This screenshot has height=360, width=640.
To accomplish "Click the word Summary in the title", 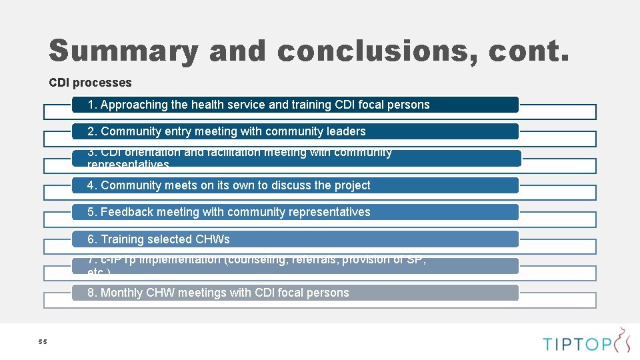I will click(x=123, y=51).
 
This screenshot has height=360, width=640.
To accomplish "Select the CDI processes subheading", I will click(x=90, y=83).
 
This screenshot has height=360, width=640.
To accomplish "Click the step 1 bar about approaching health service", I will click(x=295, y=105).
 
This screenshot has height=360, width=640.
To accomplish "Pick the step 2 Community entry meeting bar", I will click(x=295, y=131).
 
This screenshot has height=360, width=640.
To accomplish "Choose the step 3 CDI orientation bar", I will click(x=295, y=158).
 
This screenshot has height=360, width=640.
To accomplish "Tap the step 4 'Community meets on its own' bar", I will click(x=295, y=185).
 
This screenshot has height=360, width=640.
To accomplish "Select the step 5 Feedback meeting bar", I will click(x=295, y=212).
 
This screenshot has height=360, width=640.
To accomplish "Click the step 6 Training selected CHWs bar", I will click(x=295, y=239).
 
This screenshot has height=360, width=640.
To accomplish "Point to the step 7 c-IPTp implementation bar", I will click(x=295, y=265).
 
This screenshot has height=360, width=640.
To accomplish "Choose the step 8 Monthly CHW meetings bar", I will click(x=295, y=293).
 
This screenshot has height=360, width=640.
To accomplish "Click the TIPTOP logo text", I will click(x=577, y=344).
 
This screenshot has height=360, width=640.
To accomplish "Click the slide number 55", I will click(x=43, y=342).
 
